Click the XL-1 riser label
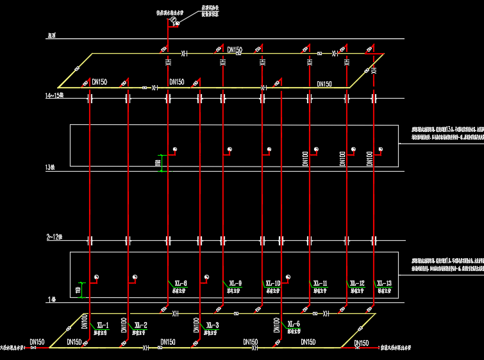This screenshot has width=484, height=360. [102, 325]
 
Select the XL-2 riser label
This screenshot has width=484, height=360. [140, 325]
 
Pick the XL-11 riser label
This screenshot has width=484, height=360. [320, 283]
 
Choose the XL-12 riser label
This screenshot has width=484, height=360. [356, 283]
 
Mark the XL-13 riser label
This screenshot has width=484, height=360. [384, 283]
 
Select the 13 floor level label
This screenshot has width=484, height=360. [51, 168]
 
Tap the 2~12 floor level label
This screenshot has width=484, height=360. [53, 238]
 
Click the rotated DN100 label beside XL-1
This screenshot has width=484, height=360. [84, 322]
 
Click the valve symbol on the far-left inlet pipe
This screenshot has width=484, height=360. [33, 348]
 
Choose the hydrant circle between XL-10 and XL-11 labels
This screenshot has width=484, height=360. [288, 277]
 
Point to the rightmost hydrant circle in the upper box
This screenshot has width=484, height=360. [380, 150]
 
